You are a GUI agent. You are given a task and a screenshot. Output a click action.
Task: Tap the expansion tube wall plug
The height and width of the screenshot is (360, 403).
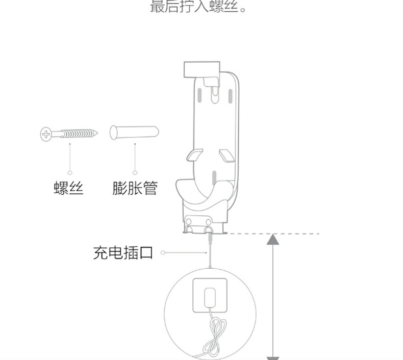[x=134, y=132]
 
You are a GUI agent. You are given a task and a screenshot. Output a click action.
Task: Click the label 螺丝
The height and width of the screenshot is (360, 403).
[x=68, y=188]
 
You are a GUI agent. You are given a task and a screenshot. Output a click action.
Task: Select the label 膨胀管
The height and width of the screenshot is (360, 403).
[x=135, y=188]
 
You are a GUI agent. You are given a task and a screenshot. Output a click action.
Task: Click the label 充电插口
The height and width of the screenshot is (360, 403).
[x=123, y=252]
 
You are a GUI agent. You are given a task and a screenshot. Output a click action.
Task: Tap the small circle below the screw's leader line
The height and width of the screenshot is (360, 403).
[x=70, y=173]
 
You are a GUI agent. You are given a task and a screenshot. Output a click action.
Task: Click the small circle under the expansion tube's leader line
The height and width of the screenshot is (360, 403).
[x=134, y=173]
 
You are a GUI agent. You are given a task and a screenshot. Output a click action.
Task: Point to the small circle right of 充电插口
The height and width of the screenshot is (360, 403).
[x=163, y=252]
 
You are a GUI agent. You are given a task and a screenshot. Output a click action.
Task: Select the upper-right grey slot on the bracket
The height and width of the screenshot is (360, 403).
[x=230, y=96]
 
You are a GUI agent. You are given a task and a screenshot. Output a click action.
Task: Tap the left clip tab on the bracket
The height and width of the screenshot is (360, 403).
[x=194, y=154]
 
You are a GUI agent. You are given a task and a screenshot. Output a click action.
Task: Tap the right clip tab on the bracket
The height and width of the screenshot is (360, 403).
[x=228, y=154]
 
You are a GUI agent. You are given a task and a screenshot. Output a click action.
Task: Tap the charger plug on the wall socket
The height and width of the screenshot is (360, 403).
[x=209, y=297]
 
